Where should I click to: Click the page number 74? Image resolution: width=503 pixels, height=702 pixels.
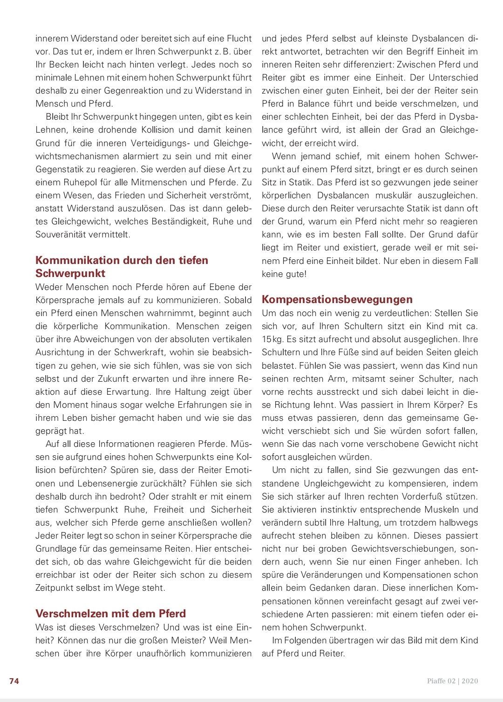click(x=14, y=681)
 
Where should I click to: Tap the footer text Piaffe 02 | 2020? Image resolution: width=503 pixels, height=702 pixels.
click(x=453, y=681)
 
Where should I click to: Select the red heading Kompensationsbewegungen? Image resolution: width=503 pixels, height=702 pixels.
click(x=337, y=299)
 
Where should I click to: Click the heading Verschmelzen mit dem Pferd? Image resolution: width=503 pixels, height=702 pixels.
click(x=110, y=613)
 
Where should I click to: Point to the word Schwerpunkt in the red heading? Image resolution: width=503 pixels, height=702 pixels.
click(x=70, y=273)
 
